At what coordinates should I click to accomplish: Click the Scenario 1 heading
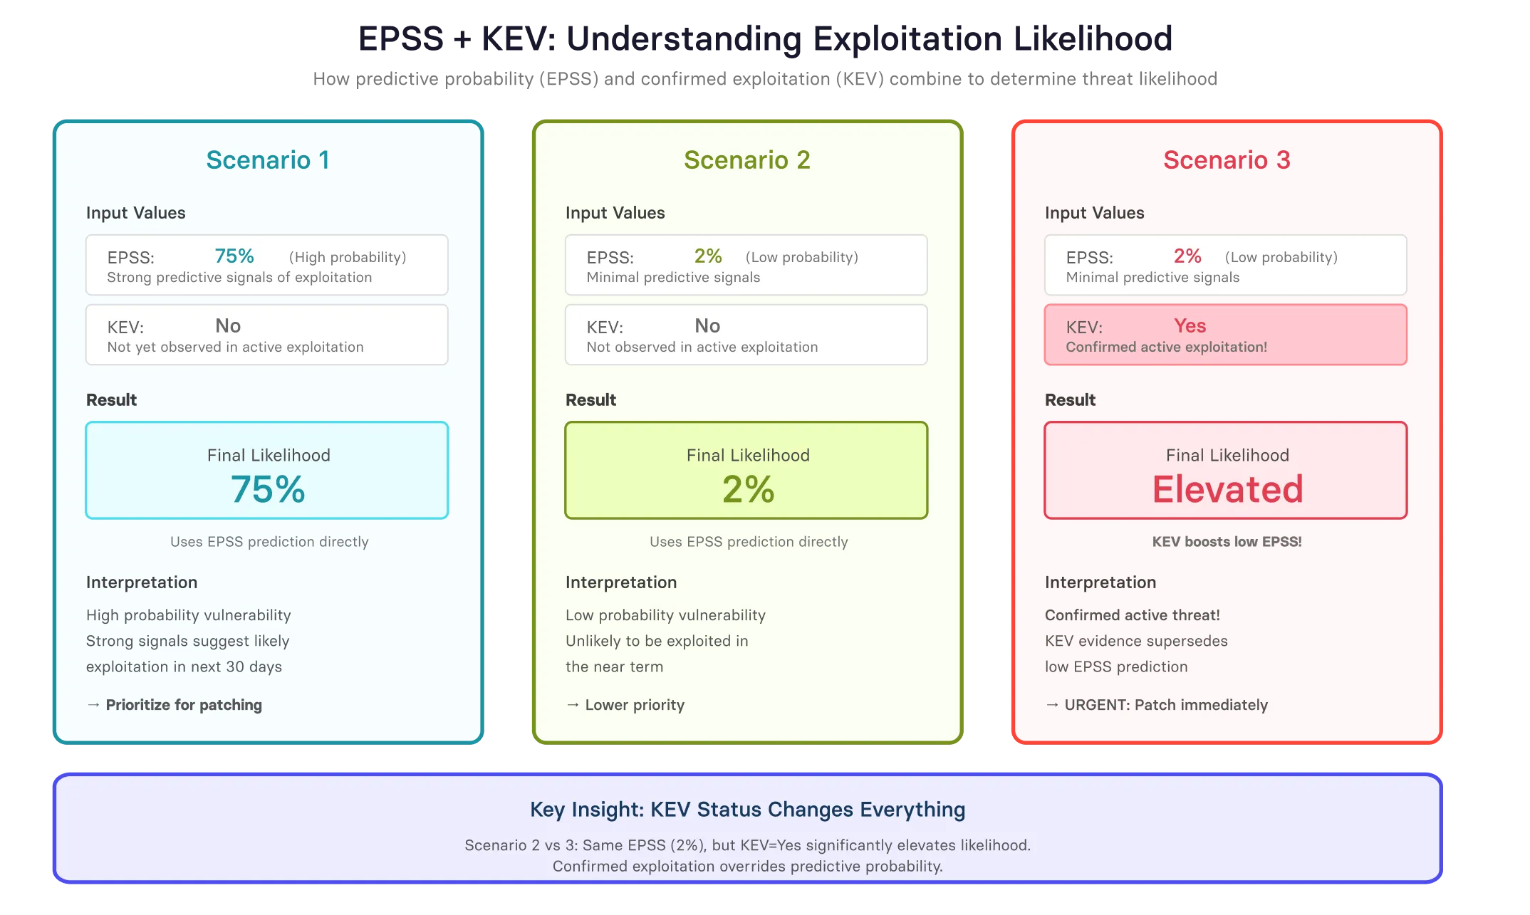coord(268,160)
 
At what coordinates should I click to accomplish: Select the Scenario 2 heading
coord(747,160)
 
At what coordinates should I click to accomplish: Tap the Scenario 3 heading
coord(1227,160)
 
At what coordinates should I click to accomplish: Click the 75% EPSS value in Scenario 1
coord(234,256)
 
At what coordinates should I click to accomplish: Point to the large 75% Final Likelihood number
coord(268,489)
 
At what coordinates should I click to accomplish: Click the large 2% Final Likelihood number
coord(748,489)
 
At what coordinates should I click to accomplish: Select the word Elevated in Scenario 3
coord(1227,489)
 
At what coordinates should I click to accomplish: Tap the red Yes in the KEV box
coord(1190,325)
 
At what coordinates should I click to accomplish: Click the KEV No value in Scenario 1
coord(228,325)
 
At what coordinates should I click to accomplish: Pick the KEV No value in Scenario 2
coord(707,325)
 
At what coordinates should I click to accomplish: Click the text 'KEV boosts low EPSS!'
coord(1227,542)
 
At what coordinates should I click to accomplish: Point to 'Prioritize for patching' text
coord(184,705)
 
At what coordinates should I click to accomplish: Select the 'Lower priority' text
coord(635,705)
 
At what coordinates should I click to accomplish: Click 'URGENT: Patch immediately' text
coord(1166,705)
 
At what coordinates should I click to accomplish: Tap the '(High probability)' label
coord(348,257)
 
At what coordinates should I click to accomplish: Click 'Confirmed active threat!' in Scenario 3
coord(1132,615)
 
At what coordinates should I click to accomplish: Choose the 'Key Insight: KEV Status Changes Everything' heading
coord(747,810)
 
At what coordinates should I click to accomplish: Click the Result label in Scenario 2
coord(590,400)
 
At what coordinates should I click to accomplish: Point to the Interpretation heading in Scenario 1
coord(142,582)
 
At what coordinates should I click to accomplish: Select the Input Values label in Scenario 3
coord(1094,213)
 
